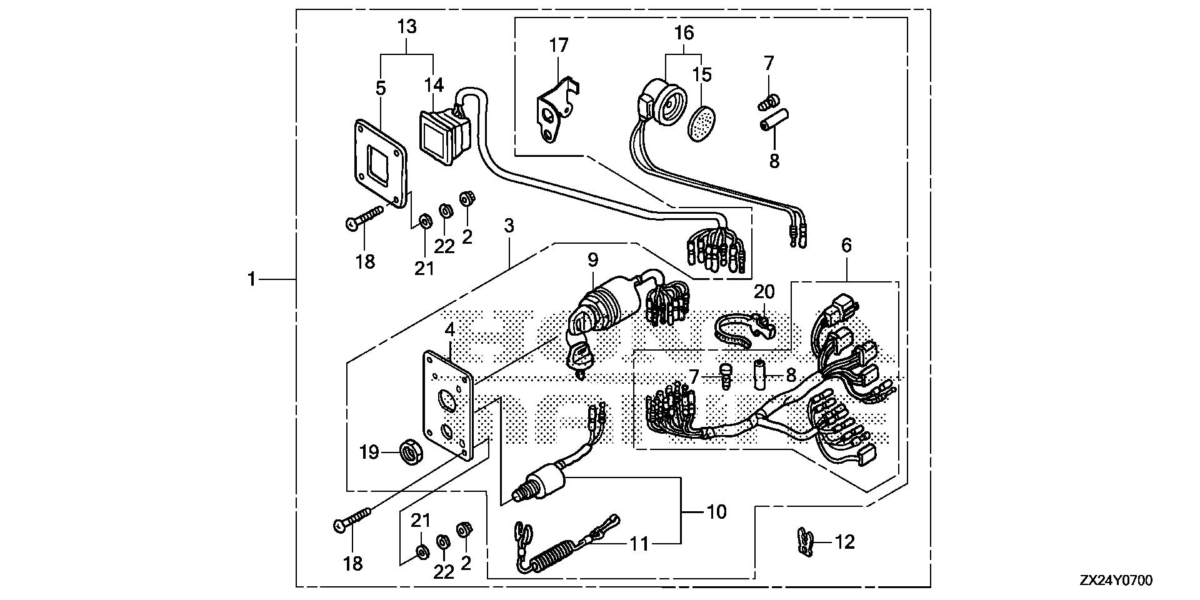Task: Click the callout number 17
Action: (559, 46)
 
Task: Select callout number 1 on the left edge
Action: (251, 279)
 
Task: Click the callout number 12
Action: (844, 542)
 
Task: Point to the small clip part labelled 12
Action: (806, 541)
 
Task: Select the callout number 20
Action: (764, 292)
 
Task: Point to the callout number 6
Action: (846, 246)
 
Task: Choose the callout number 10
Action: (716, 512)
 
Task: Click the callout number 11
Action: (639, 544)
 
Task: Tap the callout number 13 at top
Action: (407, 27)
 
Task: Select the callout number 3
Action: (509, 226)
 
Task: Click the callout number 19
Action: (369, 452)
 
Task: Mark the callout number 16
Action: (684, 32)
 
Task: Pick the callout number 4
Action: (450, 329)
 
